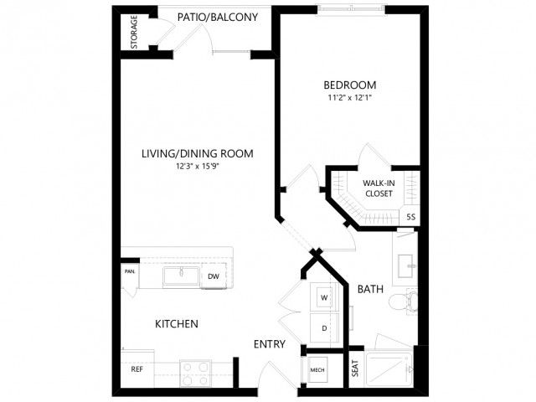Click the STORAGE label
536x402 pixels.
134,32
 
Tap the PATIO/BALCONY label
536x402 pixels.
218,17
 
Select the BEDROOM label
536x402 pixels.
350,85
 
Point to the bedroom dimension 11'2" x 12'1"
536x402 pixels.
350,98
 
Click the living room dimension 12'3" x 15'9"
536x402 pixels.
198,167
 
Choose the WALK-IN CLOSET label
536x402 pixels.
379,188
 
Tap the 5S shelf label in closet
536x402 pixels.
411,217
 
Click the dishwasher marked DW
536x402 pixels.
214,276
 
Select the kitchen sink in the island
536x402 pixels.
182,276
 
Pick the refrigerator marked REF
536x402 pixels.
137,368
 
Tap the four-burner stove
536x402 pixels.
195,374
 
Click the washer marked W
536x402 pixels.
324,297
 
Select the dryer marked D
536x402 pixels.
324,327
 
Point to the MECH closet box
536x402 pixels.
317,370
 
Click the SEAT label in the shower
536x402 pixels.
355,368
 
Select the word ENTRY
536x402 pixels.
270,344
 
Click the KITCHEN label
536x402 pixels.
177,324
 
